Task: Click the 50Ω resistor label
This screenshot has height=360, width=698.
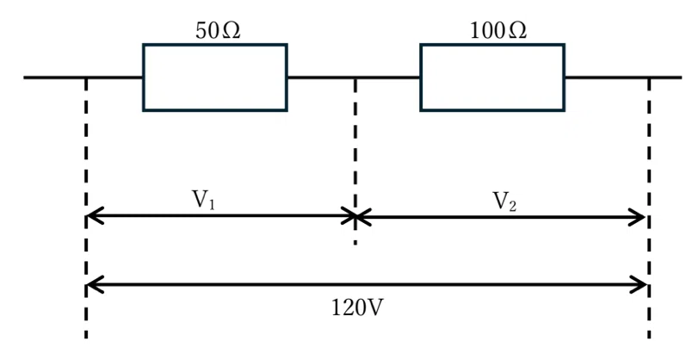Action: tap(218, 31)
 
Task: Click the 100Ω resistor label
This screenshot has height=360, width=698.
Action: tap(498, 31)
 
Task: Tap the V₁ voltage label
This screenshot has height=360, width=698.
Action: tap(203, 200)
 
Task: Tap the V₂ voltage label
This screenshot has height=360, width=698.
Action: tap(505, 201)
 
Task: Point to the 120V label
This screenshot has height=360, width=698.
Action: tap(357, 307)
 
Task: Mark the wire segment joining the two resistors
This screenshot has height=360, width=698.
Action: tap(354, 78)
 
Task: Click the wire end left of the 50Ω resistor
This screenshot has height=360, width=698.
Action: tap(24, 78)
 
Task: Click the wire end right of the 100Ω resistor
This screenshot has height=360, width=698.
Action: tap(681, 78)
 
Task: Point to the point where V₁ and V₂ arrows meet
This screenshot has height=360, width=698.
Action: tap(355, 216)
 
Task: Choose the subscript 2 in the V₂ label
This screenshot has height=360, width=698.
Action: tap(512, 206)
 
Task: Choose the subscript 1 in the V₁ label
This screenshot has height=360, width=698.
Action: tap(212, 204)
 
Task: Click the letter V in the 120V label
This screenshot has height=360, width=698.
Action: tap(374, 307)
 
